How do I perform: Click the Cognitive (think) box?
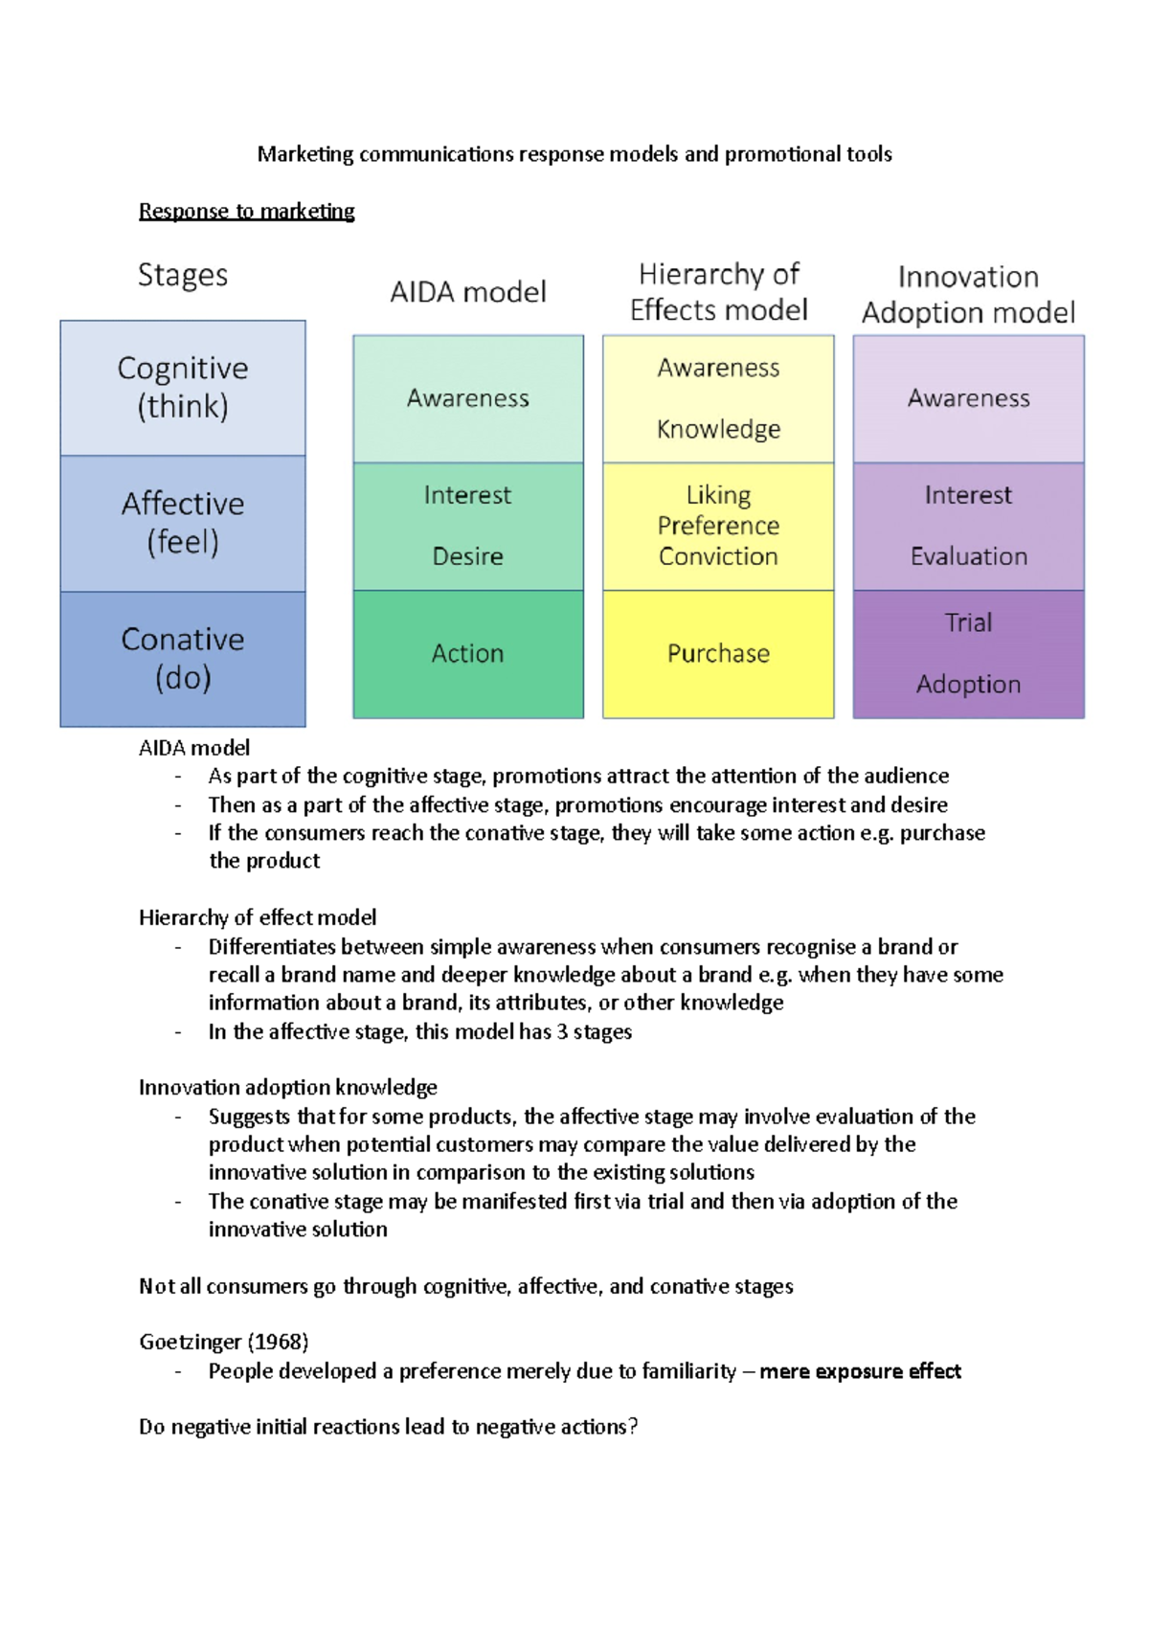coord(183,388)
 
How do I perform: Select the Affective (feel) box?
coord(183,523)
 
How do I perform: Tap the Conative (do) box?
coord(183,659)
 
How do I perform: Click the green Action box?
coord(467,653)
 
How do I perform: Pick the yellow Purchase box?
coord(718,653)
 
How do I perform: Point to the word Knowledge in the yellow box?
coord(718,429)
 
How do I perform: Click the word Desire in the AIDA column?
coord(467,556)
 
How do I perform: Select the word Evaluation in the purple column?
coord(968,556)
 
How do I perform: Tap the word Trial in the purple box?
coord(968,622)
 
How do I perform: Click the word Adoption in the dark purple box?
coord(968,684)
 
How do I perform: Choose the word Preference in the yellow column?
coord(718,526)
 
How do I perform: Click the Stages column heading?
coord(183,276)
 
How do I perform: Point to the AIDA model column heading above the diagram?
coord(467,292)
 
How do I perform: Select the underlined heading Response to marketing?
coord(246,211)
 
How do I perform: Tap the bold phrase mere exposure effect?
coord(860,1371)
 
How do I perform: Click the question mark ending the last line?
coord(632,1427)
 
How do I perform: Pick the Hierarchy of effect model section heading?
coord(258,917)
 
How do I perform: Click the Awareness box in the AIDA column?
coord(467,398)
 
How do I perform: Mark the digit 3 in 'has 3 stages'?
coord(562,1031)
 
